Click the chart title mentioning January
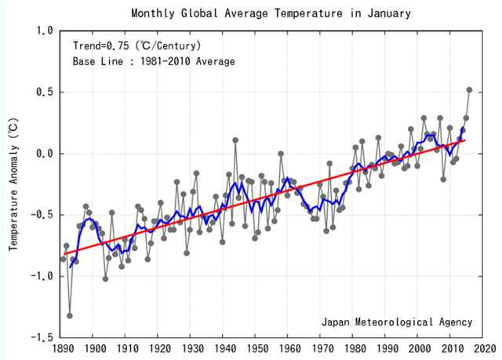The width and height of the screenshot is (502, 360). coord(271,14)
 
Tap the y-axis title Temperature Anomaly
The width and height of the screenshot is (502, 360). coord(13,185)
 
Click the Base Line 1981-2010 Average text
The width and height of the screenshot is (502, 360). coord(154,61)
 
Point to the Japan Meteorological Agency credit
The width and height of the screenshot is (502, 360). coord(397,322)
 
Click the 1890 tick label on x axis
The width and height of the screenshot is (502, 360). coord(62,348)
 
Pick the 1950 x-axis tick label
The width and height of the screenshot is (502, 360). coord(256,348)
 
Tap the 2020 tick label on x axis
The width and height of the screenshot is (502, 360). coord(483,348)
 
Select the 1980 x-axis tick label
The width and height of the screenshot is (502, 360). coord(354,348)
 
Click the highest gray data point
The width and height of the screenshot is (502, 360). coord(470,89)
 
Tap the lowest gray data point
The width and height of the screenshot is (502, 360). coord(70,315)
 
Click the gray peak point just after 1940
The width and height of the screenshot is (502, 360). coord(235,140)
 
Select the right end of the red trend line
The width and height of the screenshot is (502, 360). coord(464,140)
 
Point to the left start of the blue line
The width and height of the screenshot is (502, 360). coord(71,267)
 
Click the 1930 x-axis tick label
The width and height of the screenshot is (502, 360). coord(191,348)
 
